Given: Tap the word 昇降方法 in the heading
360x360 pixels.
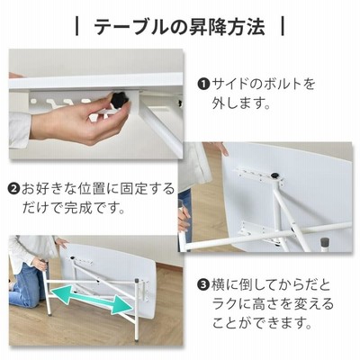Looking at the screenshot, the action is point(223,27).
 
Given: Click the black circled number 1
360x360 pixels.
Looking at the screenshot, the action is point(202,85).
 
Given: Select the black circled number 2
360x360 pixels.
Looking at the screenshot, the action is point(13,189).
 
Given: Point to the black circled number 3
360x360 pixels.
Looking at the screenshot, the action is point(202,284).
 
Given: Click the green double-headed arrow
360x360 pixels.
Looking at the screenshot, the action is point(92,300).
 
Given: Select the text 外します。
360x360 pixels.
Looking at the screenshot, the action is point(241,103).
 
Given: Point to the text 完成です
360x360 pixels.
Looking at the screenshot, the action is point(89,208).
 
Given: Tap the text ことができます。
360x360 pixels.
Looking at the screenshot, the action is point(262,323).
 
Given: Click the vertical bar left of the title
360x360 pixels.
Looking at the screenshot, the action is point(77,27).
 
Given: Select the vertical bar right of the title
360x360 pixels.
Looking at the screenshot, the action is point(283,27).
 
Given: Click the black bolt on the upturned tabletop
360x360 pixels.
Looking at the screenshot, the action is point(274,175).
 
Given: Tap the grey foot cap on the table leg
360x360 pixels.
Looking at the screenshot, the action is point(324,241).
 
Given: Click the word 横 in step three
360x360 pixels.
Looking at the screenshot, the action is point(219,284).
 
